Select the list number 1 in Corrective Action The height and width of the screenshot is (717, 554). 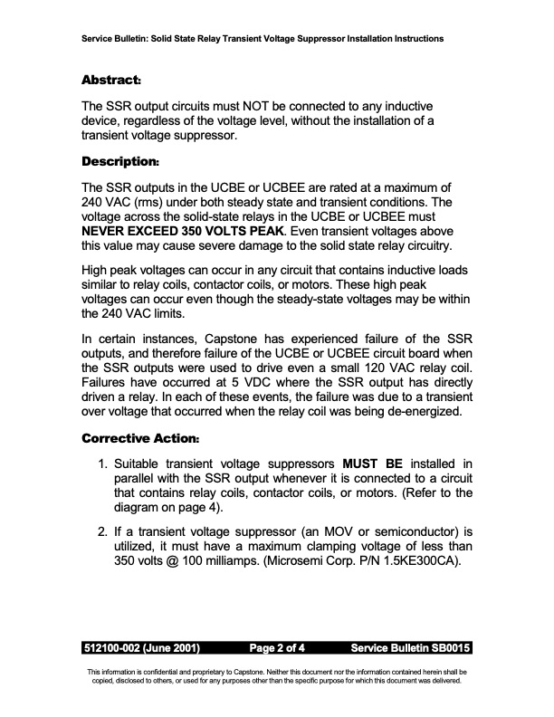pyautogui.click(x=101, y=465)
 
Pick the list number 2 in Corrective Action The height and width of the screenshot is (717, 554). pyautogui.click(x=101, y=527)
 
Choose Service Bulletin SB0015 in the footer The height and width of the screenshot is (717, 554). pyautogui.click(x=410, y=649)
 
